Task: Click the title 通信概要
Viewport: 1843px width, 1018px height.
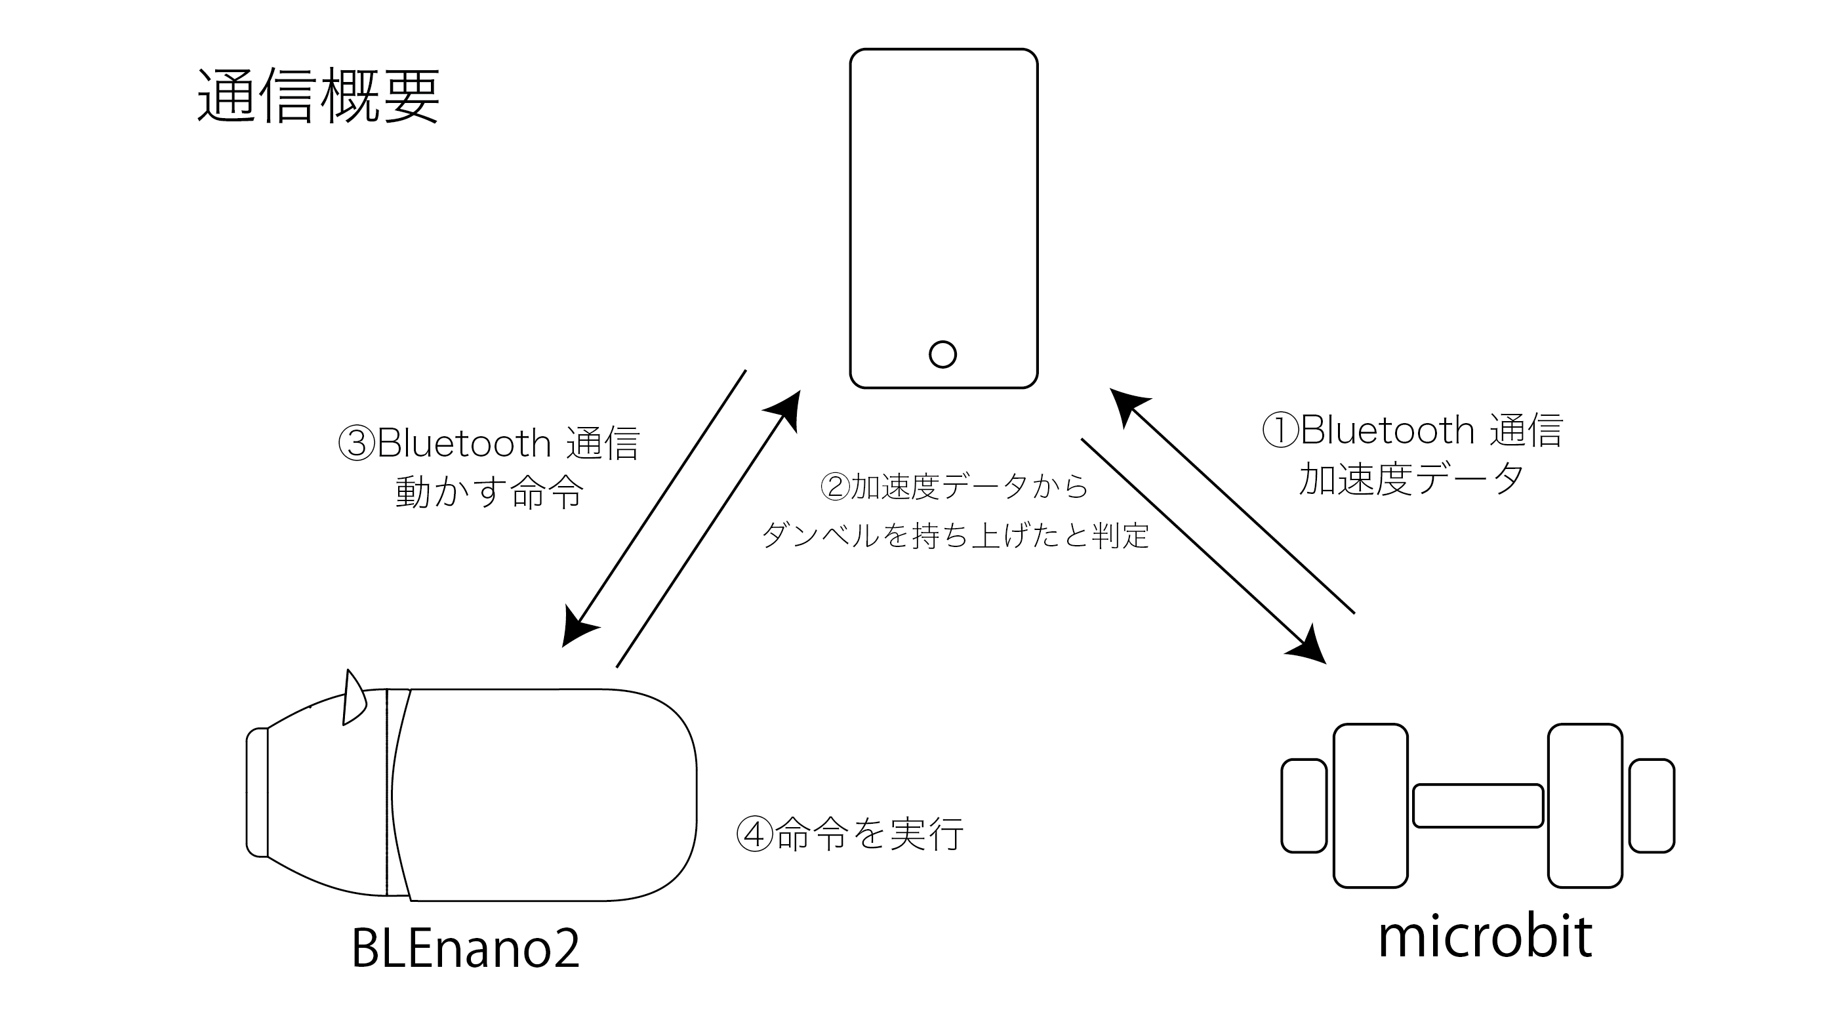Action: coord(317,96)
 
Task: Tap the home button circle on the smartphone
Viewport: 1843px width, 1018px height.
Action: coord(942,354)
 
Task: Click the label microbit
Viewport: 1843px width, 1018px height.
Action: coord(1484,937)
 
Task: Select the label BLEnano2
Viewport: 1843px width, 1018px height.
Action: coord(465,948)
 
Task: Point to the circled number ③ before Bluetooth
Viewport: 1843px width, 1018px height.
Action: coord(356,443)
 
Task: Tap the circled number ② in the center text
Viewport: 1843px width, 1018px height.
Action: coord(834,487)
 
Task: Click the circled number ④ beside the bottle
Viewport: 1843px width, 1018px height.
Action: coord(755,834)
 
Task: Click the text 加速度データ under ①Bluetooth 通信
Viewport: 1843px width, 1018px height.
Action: coord(1411,478)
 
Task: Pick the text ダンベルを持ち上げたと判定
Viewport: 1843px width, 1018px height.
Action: coord(955,535)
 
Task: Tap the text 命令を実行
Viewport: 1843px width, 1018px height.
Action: coord(869,834)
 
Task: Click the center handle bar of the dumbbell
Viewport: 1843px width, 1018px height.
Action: coord(1478,805)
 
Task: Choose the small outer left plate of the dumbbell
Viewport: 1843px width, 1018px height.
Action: coord(1304,805)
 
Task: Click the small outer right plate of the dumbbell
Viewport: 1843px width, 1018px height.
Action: coord(1652,805)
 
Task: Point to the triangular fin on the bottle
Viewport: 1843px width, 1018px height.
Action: coord(354,700)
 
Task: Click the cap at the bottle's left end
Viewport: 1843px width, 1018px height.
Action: coord(257,791)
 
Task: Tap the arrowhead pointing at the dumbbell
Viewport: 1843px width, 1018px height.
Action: coord(1309,647)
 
